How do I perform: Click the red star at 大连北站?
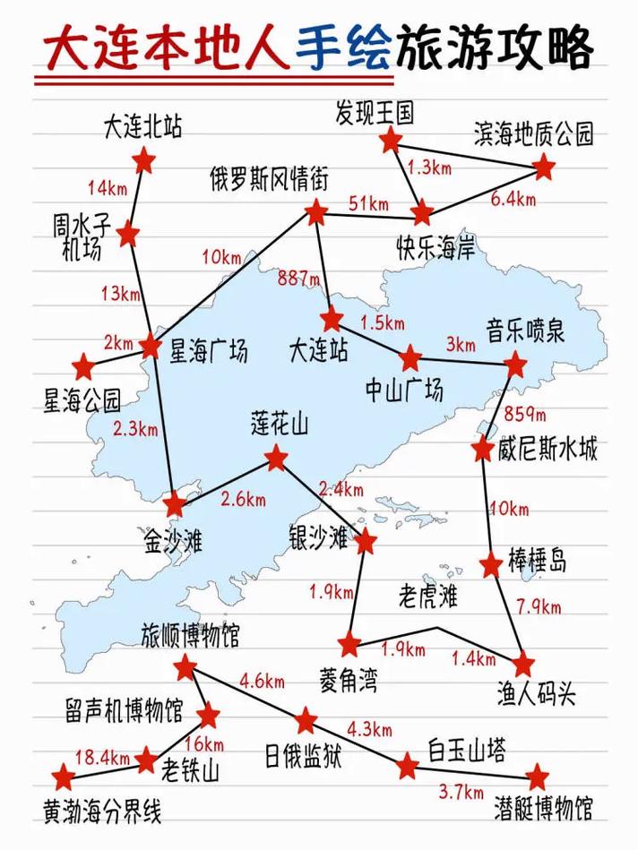pos(143,162)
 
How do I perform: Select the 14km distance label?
pos(108,188)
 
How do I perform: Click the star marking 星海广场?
pos(151,346)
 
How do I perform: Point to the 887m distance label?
pos(299,279)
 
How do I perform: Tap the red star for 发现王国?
pos(390,141)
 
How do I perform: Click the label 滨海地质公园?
pos(534,135)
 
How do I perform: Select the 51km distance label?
pos(367,203)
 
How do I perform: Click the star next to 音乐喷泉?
pos(515,365)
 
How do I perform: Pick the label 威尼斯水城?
pos(547,449)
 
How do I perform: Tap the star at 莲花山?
pos(276,460)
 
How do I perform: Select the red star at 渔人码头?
pos(523,665)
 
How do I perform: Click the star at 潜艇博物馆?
pos(537,777)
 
